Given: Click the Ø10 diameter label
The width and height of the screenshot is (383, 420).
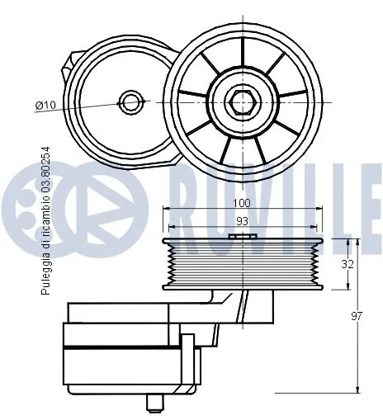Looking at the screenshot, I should point(45,105).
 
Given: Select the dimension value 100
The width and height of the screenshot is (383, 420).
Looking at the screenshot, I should point(240,202).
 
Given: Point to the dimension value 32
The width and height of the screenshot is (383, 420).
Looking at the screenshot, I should point(348,265).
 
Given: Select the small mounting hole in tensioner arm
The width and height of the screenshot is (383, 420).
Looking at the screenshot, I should point(130,102).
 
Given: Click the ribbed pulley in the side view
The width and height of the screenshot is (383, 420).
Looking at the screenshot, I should point(241,264).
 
